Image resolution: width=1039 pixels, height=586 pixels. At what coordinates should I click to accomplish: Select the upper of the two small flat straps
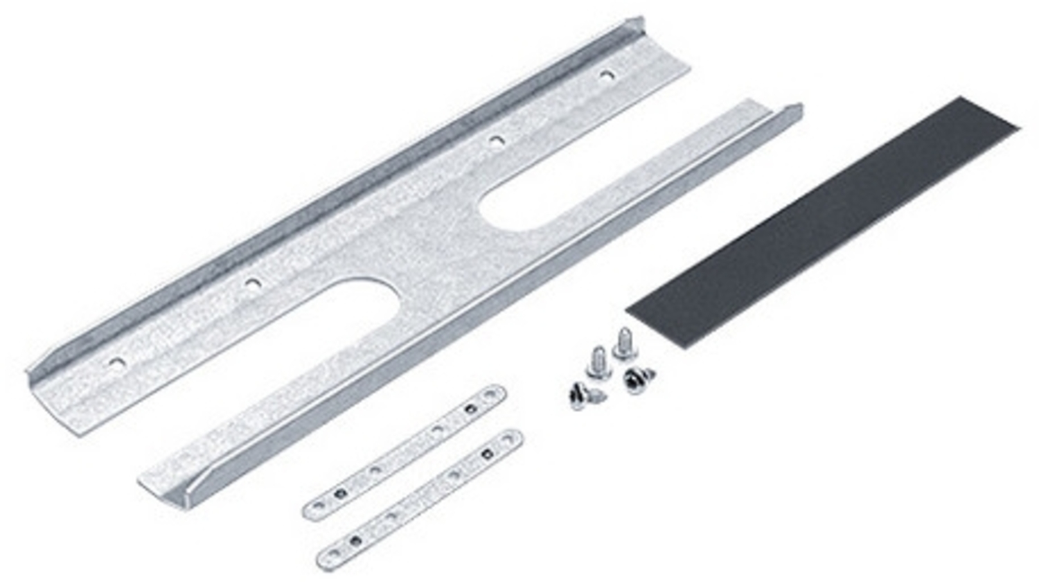click(x=405, y=451)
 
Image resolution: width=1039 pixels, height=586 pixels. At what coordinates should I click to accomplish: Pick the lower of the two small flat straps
click(x=420, y=498)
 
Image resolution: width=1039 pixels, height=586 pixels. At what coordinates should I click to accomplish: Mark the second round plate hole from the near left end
click(x=253, y=283)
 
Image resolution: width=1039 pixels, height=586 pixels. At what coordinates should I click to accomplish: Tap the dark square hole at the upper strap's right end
click(x=470, y=407)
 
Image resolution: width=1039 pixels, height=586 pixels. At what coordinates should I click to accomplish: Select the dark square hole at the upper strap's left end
click(x=339, y=493)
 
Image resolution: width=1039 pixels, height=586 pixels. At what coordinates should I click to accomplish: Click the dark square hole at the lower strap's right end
click(x=486, y=454)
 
